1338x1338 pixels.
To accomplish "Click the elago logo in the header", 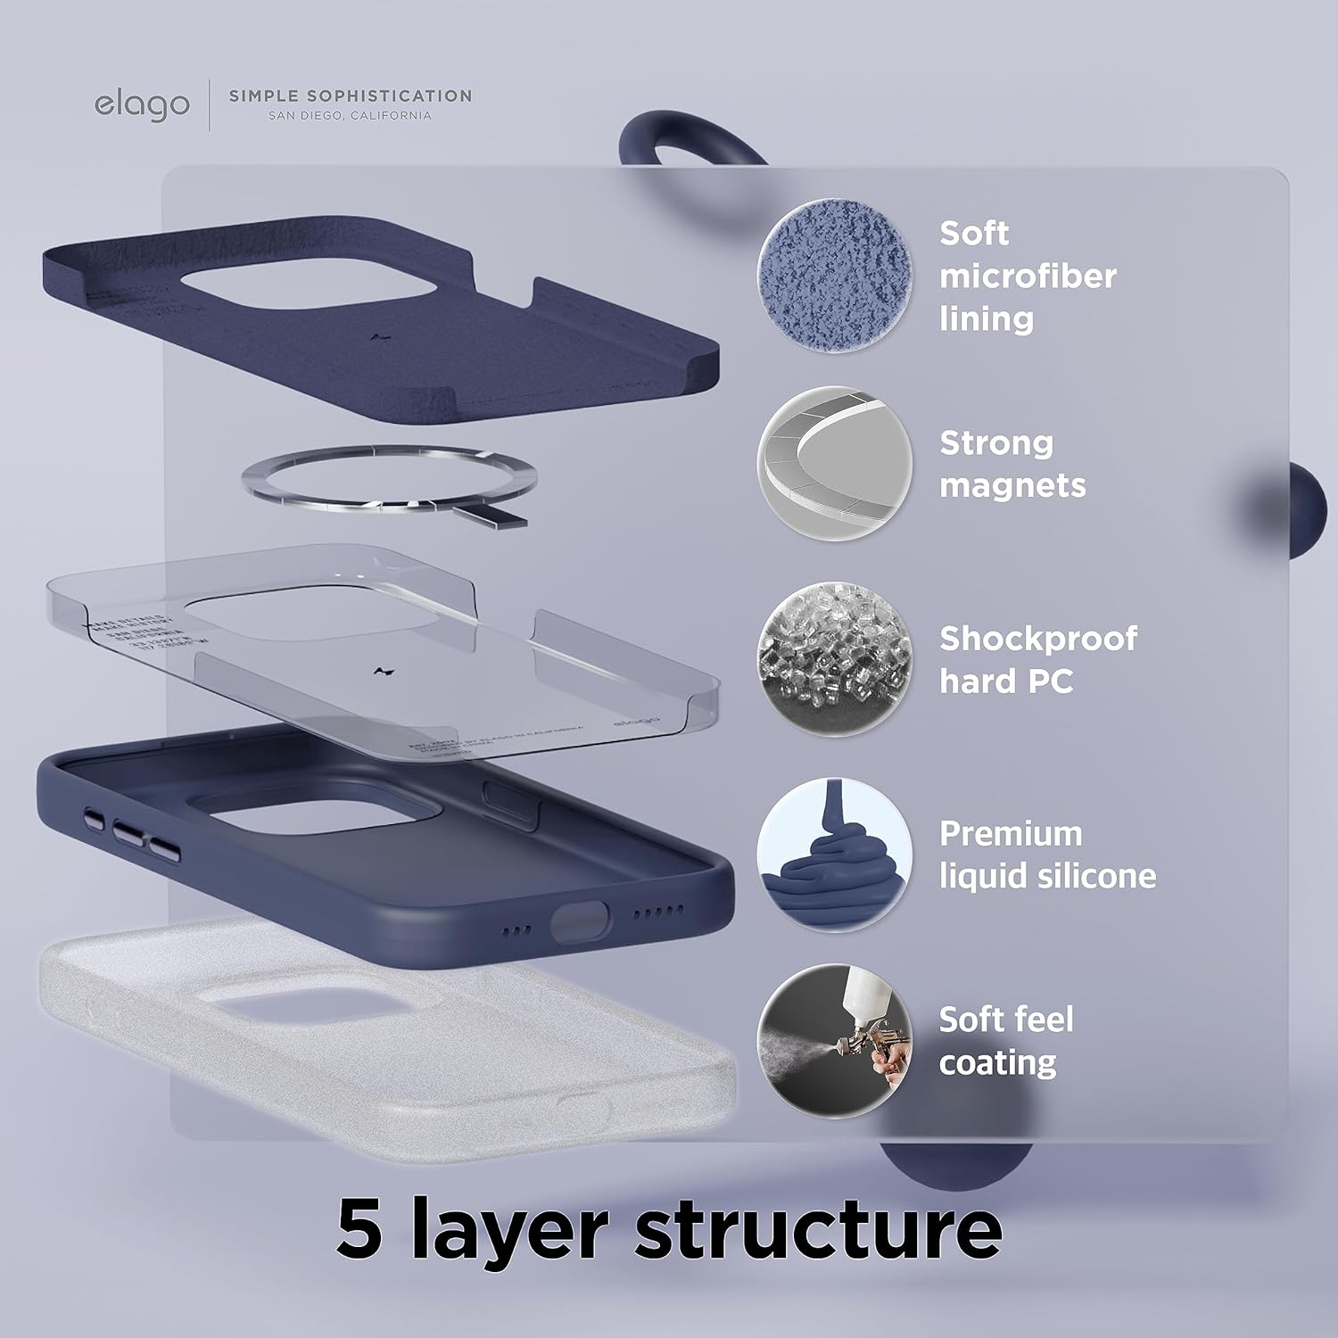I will [142, 104].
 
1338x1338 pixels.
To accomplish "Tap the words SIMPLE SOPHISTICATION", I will [351, 95].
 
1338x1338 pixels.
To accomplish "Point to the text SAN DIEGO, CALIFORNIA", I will [350, 116].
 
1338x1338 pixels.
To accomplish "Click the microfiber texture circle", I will [835, 276].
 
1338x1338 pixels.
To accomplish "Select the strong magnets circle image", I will [835, 463].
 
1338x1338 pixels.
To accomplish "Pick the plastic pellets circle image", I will [835, 659].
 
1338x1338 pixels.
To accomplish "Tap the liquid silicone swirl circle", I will [835, 855].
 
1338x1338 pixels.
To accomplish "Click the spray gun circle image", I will [835, 1041].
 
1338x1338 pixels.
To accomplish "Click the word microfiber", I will [1028, 276].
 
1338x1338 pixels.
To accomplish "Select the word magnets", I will [1012, 485].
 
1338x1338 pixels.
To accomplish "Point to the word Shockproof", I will [1038, 639].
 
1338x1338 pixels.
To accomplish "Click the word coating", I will [997, 1062].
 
